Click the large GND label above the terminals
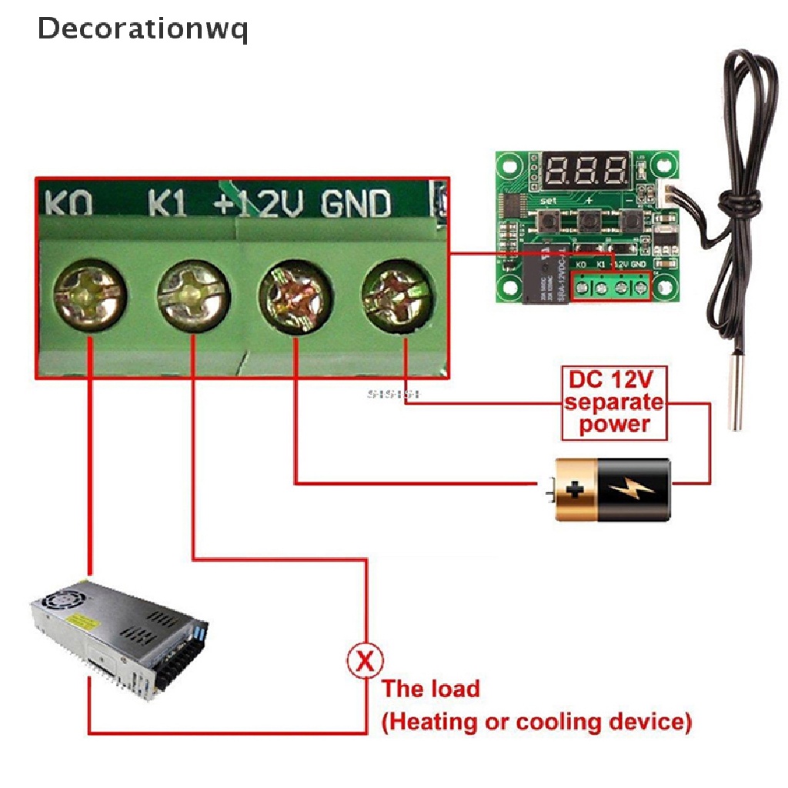pyautogui.click(x=356, y=204)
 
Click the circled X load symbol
pyautogui.click(x=366, y=661)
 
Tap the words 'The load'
pyautogui.click(x=431, y=688)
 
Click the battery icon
pyautogui.click(x=612, y=489)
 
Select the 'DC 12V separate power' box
pyautogui.click(x=613, y=403)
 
